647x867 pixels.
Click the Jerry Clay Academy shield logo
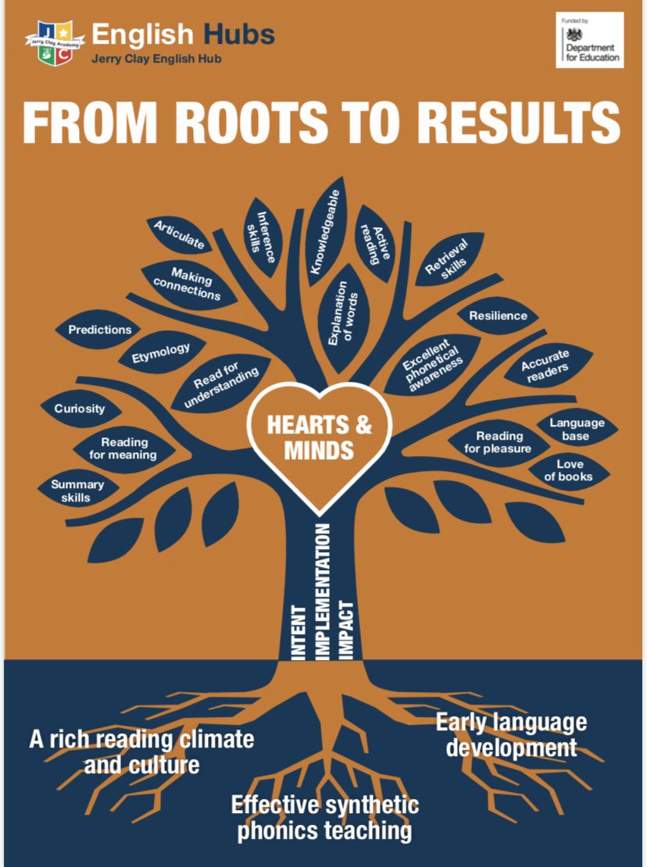[55, 43]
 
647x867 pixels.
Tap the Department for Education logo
[589, 41]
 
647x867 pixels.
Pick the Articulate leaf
[179, 234]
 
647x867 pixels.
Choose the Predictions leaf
[99, 330]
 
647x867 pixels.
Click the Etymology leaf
[161, 352]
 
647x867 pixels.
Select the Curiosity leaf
[80, 409]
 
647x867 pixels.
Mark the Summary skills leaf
[78, 491]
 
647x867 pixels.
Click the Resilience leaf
[498, 316]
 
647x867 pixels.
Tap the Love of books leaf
[569, 470]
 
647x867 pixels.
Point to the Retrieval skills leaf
[448, 259]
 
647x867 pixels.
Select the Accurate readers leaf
[548, 366]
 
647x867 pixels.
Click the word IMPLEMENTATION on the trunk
[322, 591]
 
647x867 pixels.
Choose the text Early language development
[512, 735]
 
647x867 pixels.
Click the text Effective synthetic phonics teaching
[324, 818]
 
